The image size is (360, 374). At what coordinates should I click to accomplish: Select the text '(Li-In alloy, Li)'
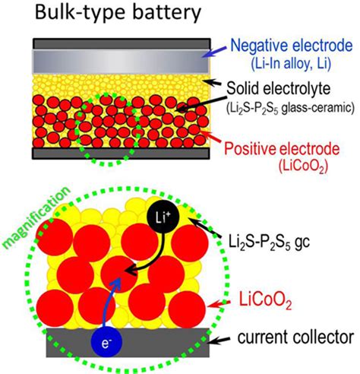click(289, 63)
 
